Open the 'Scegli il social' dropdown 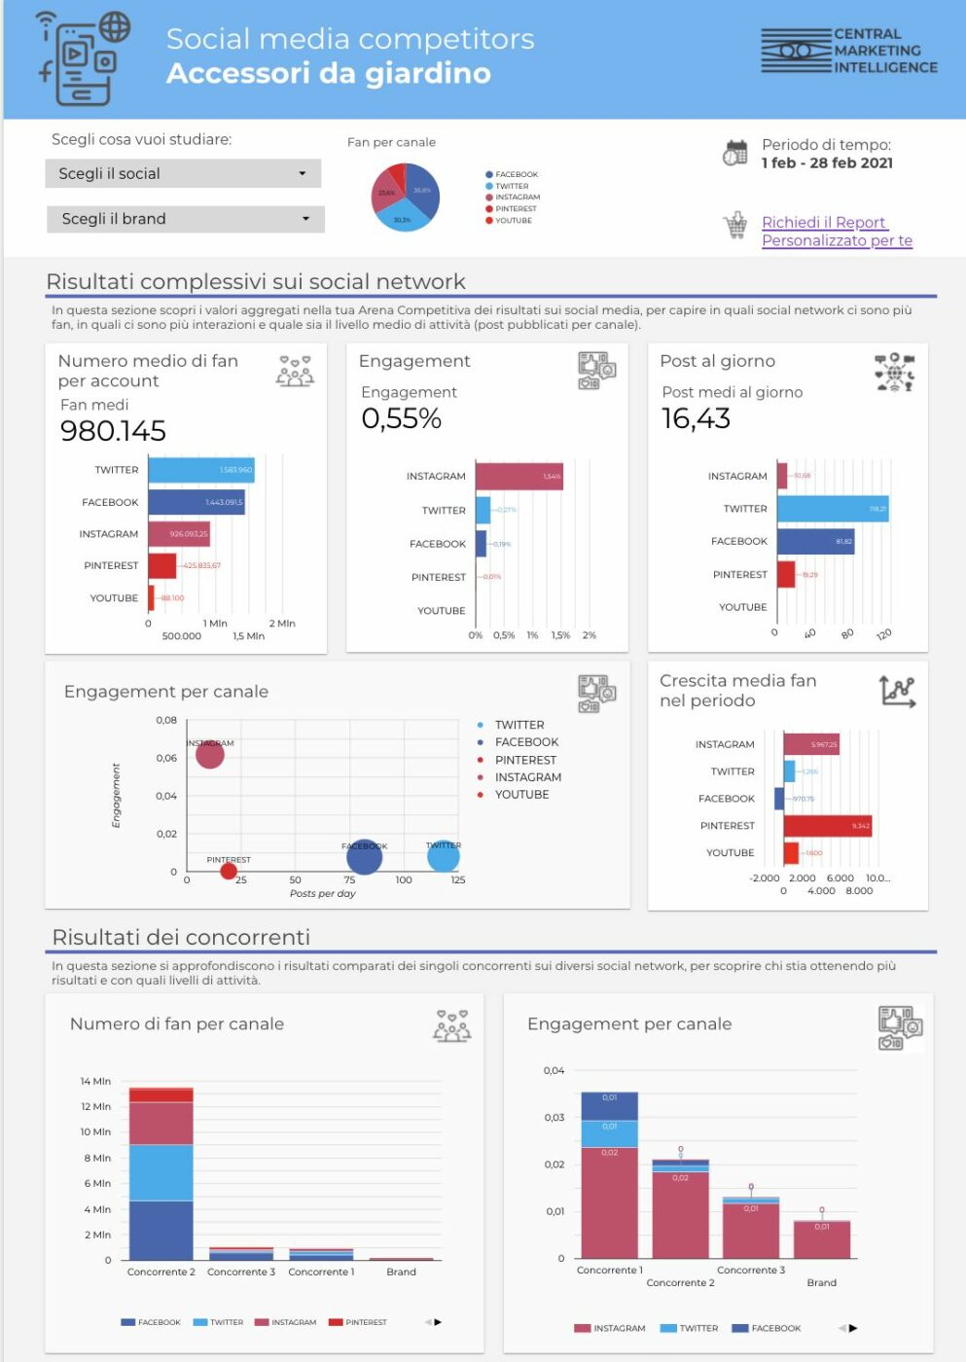(183, 173)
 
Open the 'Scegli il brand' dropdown (185, 219)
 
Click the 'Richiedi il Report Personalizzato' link (836, 232)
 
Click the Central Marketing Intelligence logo (848, 52)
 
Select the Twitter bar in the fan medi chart (200, 470)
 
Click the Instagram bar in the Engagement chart (519, 476)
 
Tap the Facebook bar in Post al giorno (815, 542)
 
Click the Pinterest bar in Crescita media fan (827, 826)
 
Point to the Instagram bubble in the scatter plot (209, 753)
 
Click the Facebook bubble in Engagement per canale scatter (364, 857)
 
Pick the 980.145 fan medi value (113, 431)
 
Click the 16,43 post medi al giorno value (696, 419)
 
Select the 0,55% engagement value (401, 419)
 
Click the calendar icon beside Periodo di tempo (735, 153)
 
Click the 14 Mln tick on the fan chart (95, 1082)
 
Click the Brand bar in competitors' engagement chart (821, 1240)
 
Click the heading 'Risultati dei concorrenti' (181, 937)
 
